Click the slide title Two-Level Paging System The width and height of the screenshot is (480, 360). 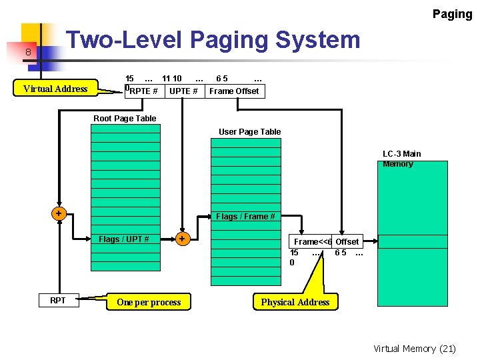pos(213,41)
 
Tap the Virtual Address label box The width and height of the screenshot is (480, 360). pos(55,89)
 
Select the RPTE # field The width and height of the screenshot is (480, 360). pos(143,91)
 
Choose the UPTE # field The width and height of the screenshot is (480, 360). pos(183,91)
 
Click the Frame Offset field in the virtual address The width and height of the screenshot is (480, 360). pos(234,91)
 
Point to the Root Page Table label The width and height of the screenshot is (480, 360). pos(125,119)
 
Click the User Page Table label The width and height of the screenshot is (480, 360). pos(250,132)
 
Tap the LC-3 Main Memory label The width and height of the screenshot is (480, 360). pos(401,159)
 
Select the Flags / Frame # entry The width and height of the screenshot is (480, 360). pos(245,216)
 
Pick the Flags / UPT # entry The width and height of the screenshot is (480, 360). pos(124,239)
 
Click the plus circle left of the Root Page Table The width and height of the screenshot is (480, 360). pos(59,213)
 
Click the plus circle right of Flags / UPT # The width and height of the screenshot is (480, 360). pos(181,238)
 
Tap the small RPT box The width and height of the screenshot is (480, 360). pos(58,301)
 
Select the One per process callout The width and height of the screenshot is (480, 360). pos(149,302)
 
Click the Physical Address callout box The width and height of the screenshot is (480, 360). pos(295,302)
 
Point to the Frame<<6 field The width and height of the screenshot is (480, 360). pos(311,241)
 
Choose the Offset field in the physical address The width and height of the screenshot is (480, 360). pos(347,241)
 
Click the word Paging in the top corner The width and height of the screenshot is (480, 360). pos(452,14)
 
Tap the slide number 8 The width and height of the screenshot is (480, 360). pos(29,52)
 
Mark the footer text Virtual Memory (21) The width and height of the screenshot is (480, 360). pos(415,348)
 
